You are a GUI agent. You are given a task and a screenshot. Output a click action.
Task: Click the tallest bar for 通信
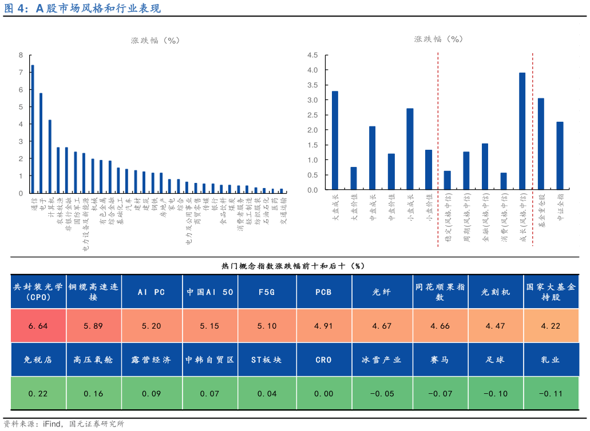pyautogui.click(x=32, y=129)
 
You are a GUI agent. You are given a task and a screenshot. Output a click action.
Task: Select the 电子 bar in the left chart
pyautogui.click(x=41, y=142)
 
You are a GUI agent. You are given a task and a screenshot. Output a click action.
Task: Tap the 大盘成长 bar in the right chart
pyautogui.click(x=335, y=140)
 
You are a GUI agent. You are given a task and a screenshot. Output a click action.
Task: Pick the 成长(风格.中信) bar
pyautogui.click(x=522, y=131)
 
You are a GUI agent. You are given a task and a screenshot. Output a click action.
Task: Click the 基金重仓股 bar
pyautogui.click(x=541, y=143)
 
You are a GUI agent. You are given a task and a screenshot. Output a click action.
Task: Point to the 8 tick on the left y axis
pyautogui.click(x=21, y=55)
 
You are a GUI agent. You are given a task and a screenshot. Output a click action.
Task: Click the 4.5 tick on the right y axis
pyautogui.click(x=312, y=55)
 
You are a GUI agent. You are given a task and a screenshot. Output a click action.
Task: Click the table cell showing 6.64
pyautogui.click(x=38, y=326)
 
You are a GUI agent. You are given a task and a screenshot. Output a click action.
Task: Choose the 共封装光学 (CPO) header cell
pyautogui.click(x=38, y=292)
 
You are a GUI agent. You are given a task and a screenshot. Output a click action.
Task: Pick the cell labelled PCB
pyautogui.click(x=324, y=292)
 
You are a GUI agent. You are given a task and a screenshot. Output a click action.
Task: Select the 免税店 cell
pyautogui.click(x=38, y=360)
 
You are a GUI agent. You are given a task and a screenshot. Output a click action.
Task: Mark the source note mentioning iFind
pyautogui.click(x=63, y=424)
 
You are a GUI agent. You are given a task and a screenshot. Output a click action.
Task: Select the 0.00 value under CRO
pyautogui.click(x=324, y=393)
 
